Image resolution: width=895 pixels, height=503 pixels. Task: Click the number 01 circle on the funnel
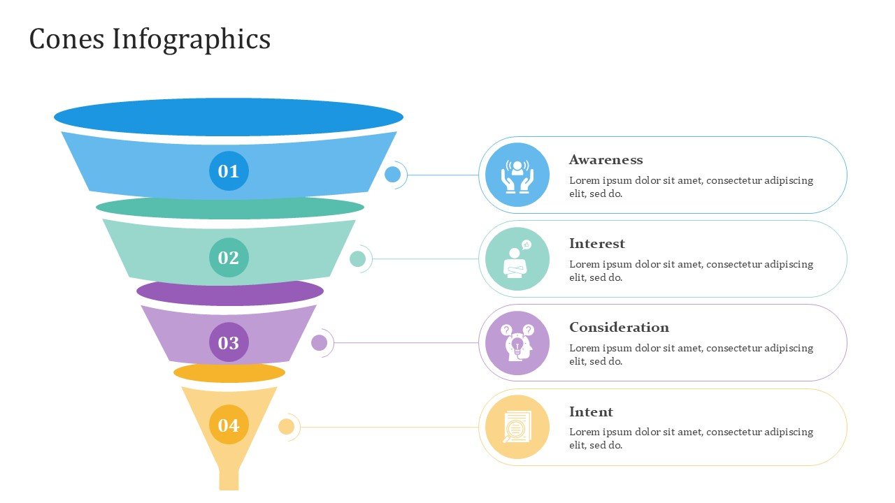click(229, 171)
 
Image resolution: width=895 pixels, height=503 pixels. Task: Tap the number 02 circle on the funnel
click(229, 258)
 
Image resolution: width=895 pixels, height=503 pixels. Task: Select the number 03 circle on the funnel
click(229, 342)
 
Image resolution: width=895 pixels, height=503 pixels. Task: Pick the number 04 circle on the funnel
click(229, 424)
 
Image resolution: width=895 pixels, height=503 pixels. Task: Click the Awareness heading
click(606, 160)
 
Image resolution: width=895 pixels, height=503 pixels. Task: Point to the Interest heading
click(597, 244)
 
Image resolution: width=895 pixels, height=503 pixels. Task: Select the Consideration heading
click(619, 328)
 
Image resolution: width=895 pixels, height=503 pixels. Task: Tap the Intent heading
click(591, 411)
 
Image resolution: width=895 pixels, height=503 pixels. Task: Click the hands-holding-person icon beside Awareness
click(517, 177)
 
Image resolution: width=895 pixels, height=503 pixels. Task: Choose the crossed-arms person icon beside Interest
click(517, 258)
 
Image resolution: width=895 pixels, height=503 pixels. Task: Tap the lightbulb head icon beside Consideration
click(517, 342)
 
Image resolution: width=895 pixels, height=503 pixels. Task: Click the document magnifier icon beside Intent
click(517, 427)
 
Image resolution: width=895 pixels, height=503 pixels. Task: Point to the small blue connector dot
click(392, 175)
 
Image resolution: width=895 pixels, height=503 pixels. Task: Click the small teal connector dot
click(357, 258)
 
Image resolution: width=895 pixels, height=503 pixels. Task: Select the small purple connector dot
click(319, 342)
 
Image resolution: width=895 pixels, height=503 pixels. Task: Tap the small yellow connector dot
click(286, 427)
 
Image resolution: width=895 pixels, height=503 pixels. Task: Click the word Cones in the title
click(66, 39)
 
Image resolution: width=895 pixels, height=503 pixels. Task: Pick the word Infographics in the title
click(192, 40)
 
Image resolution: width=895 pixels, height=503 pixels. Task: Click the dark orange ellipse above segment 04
click(229, 373)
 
